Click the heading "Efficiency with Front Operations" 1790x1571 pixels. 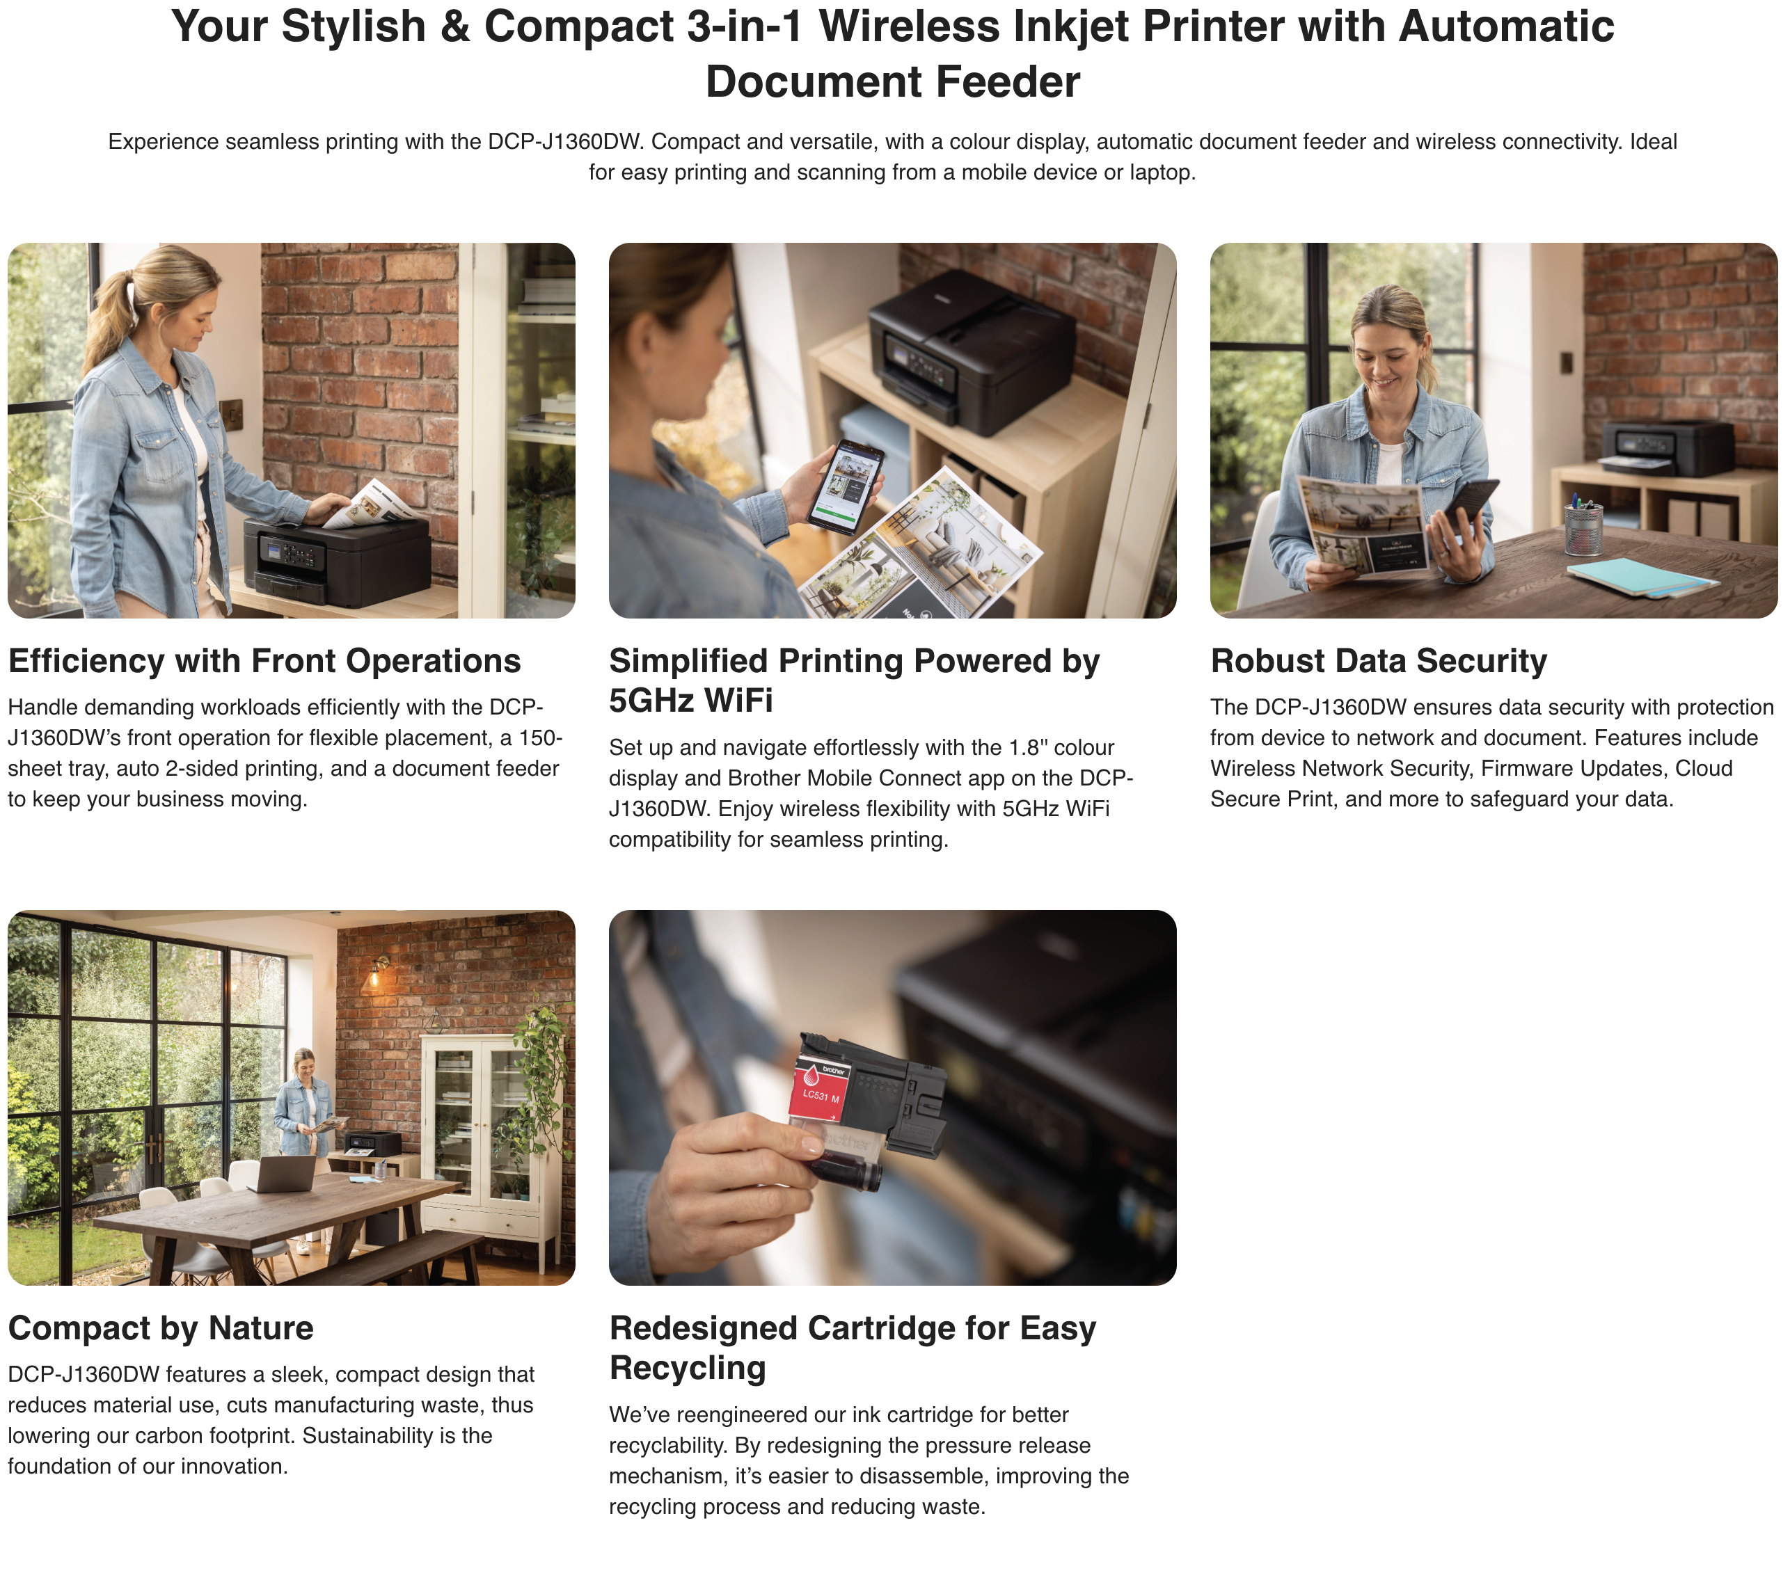[264, 661]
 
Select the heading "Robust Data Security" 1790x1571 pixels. [1379, 661]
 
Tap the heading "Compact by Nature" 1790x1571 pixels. [160, 1328]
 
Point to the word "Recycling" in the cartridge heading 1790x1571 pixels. [688, 1368]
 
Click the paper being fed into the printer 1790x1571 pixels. [373, 504]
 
